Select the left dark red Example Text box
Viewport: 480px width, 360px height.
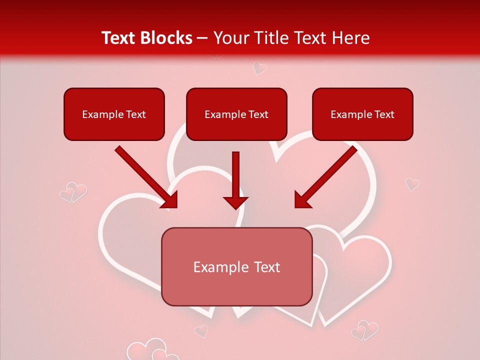pos(114,114)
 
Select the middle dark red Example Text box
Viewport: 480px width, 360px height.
pos(236,114)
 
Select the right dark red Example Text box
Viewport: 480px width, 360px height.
pos(362,114)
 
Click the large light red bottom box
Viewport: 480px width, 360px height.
pos(236,266)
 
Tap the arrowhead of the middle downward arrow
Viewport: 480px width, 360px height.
pos(235,202)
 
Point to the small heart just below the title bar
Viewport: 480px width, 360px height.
pos(259,68)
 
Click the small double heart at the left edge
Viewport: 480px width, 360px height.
pos(73,192)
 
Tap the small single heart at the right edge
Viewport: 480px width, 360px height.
pos(412,184)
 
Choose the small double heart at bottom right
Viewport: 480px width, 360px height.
pos(364,331)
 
